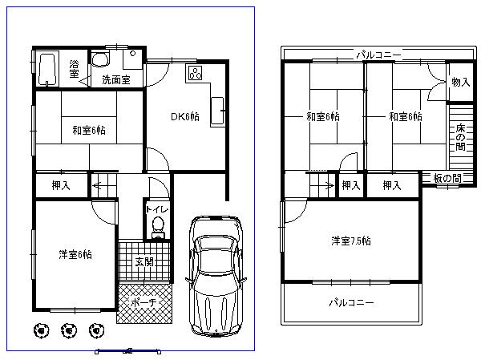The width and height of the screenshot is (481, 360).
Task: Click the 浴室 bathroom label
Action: tap(74, 69)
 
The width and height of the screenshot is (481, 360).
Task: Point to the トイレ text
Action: tap(157, 209)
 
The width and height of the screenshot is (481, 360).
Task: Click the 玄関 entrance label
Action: tap(144, 261)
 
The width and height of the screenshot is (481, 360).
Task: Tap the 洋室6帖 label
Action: tap(75, 254)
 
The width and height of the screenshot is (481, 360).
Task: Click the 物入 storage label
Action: tap(460, 82)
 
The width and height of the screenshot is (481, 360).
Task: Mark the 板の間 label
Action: tap(446, 179)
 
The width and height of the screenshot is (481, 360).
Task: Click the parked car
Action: tap(214, 273)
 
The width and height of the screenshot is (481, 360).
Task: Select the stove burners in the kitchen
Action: tap(195, 73)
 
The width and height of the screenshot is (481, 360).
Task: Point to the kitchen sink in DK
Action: tap(216, 109)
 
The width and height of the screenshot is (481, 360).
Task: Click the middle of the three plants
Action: tap(69, 329)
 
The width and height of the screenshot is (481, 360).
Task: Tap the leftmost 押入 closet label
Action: tap(61, 186)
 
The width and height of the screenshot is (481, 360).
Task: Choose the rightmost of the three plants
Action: tap(98, 329)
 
